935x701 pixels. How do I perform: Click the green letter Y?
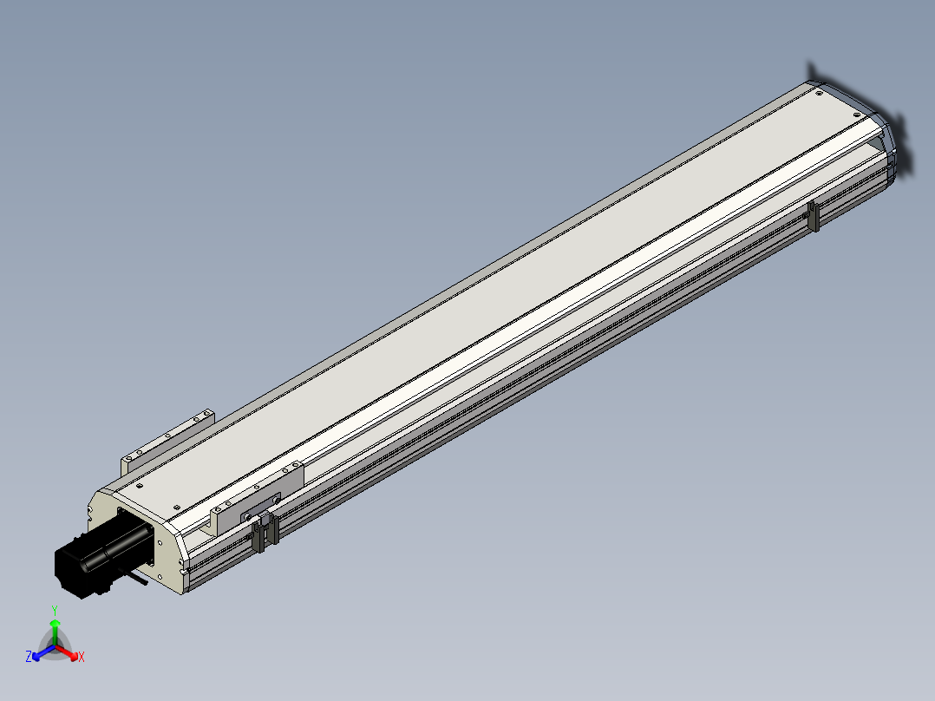click(55, 610)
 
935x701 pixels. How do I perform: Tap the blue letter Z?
click(29, 656)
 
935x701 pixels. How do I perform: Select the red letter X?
click(82, 657)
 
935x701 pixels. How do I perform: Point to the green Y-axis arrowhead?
click(55, 624)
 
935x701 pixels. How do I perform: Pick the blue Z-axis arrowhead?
click(36, 656)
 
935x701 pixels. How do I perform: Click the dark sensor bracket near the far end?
click(813, 217)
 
